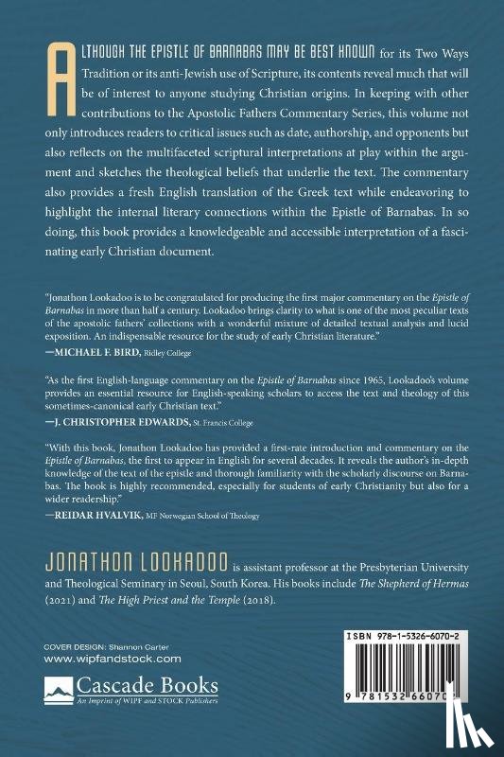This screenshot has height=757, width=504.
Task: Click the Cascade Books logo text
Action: pyautogui.click(x=180, y=686)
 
